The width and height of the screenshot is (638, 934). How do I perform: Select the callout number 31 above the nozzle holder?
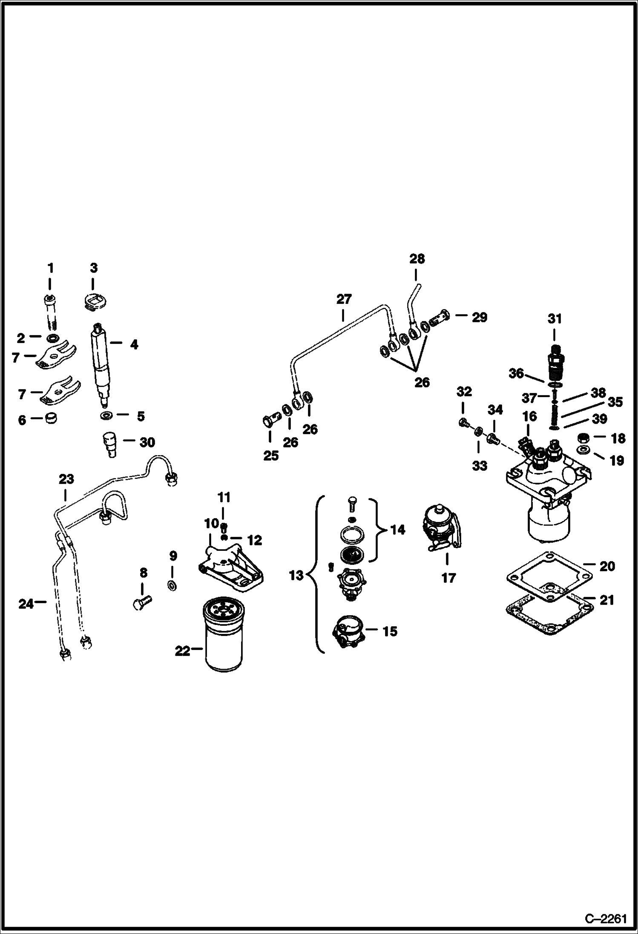[555, 318]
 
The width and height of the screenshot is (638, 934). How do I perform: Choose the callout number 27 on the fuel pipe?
[344, 299]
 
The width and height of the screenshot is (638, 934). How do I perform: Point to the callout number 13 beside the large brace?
[296, 576]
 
